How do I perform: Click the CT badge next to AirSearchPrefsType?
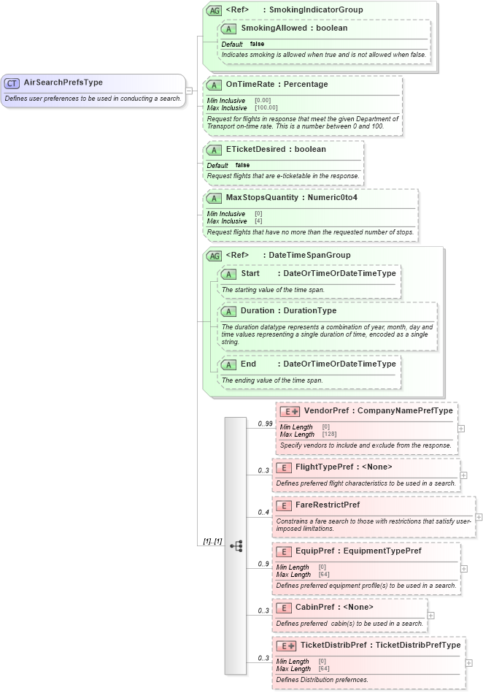click(12, 83)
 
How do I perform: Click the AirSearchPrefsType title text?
click(63, 83)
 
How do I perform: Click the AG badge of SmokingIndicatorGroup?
click(214, 10)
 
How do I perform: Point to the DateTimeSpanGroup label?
click(309, 255)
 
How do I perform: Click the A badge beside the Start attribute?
click(229, 274)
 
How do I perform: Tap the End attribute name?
click(249, 364)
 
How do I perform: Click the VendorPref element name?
click(325, 410)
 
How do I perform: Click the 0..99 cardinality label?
click(264, 424)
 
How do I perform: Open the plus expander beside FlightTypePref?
click(464, 475)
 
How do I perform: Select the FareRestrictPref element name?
click(327, 505)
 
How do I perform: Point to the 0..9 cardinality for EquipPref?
click(263, 564)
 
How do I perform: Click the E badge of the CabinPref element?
click(283, 607)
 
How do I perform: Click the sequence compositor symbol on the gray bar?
click(236, 545)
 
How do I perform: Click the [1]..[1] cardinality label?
click(212, 541)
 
